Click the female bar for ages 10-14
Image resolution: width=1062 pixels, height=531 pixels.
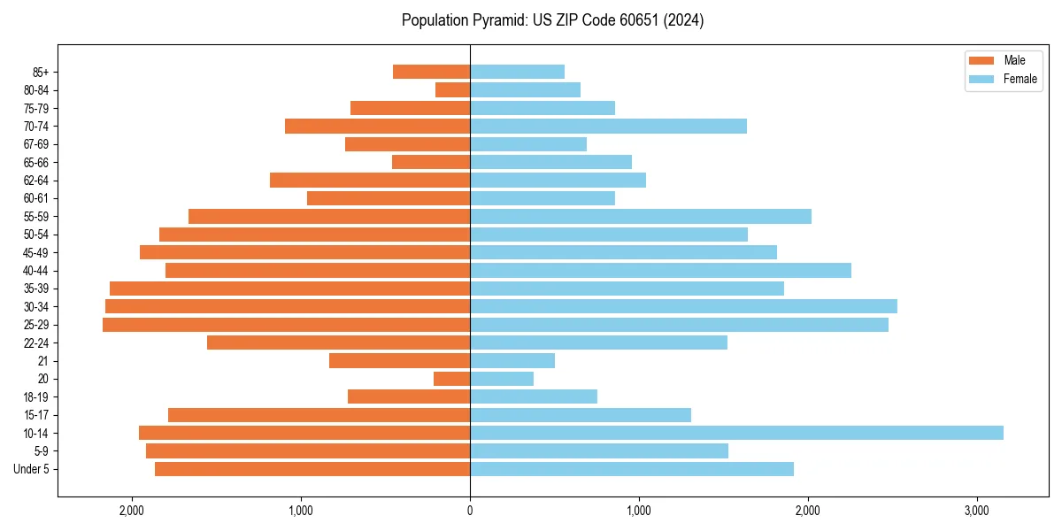(x=736, y=433)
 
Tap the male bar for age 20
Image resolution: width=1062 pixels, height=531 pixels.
(x=451, y=379)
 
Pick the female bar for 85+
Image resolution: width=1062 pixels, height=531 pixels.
(x=517, y=72)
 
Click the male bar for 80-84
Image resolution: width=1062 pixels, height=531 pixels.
(x=452, y=89)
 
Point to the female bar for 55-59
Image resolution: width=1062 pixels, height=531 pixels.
(x=640, y=216)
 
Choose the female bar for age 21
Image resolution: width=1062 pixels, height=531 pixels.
(x=512, y=360)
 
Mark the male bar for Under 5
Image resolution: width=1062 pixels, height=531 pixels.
(x=312, y=469)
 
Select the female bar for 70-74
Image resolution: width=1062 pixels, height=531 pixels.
(x=608, y=126)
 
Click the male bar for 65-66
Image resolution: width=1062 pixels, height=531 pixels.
(x=431, y=162)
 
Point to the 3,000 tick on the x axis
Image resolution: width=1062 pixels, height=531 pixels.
(x=976, y=511)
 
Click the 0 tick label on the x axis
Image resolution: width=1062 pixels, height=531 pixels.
(x=470, y=511)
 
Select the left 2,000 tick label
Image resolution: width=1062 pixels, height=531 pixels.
(x=132, y=511)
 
